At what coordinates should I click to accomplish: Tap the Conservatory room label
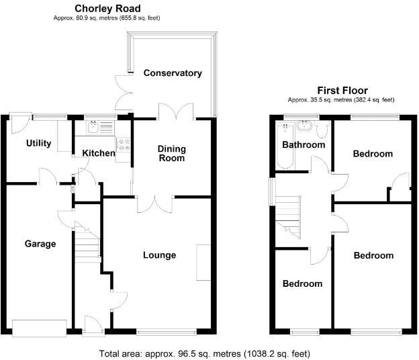(x=173, y=73)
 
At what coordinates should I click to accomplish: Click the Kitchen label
(x=98, y=153)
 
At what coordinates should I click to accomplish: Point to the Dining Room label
(x=171, y=153)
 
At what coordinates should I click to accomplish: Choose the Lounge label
(x=159, y=255)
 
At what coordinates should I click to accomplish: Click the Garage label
(x=40, y=244)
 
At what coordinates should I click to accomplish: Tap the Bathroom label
(x=304, y=145)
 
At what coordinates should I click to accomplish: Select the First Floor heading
(x=342, y=91)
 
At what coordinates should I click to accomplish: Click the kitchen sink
(x=95, y=127)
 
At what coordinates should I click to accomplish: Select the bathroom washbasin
(x=306, y=125)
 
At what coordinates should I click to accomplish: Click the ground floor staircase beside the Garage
(x=87, y=245)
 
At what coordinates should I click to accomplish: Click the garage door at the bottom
(x=40, y=327)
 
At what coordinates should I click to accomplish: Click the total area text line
(x=205, y=353)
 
